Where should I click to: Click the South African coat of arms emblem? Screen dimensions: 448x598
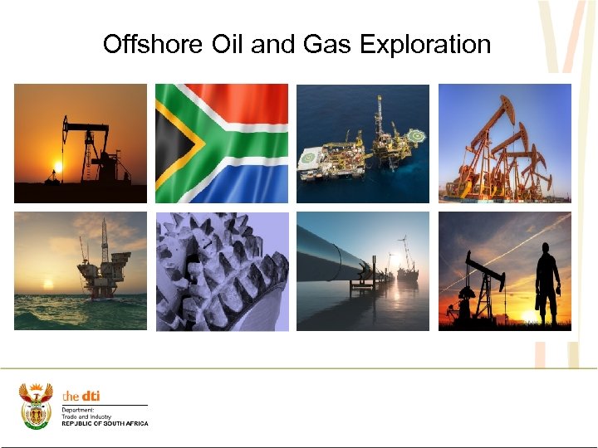click(36, 405)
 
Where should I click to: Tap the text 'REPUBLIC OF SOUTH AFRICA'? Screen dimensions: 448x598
click(105, 424)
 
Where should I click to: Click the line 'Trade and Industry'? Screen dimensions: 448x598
click(86, 416)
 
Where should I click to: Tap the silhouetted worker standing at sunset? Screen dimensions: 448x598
click(548, 282)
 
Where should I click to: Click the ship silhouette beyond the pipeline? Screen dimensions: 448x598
click(408, 270)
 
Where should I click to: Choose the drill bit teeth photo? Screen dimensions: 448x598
click(222, 271)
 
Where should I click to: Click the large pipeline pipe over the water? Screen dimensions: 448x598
click(328, 253)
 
